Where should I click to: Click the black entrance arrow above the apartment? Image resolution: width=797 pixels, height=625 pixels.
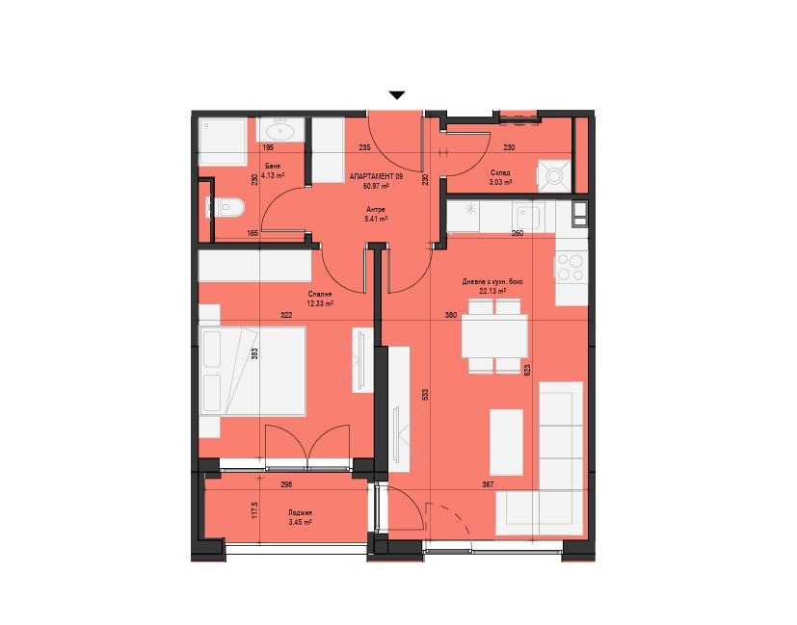tap(397, 95)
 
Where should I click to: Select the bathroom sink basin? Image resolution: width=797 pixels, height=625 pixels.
tap(279, 132)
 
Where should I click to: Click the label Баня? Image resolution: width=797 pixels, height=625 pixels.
tap(273, 166)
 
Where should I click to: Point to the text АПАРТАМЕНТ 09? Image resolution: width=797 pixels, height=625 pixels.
tap(376, 176)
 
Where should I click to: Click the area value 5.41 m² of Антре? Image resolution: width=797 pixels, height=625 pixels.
tap(376, 219)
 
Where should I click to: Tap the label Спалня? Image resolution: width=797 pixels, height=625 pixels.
tap(320, 294)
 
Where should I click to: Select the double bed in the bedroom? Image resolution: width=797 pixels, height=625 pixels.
tap(253, 371)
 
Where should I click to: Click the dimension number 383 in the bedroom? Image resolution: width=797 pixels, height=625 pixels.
tap(255, 353)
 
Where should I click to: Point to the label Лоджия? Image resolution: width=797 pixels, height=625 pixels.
tap(299, 512)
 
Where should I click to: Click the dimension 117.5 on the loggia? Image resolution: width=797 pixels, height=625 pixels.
tap(255, 510)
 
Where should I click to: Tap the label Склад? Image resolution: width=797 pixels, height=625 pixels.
tap(501, 172)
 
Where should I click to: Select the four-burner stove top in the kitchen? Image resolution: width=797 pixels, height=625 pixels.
tap(570, 267)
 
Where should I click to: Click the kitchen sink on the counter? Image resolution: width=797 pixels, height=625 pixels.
tap(528, 218)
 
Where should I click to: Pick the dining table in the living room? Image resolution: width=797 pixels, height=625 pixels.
tap(494, 336)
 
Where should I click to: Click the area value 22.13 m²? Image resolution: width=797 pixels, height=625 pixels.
tap(493, 292)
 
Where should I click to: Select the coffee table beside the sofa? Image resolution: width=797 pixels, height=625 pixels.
tap(506, 442)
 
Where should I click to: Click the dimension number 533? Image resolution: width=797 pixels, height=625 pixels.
tap(425, 395)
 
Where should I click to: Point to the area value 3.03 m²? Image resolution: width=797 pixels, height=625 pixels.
tap(500, 182)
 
